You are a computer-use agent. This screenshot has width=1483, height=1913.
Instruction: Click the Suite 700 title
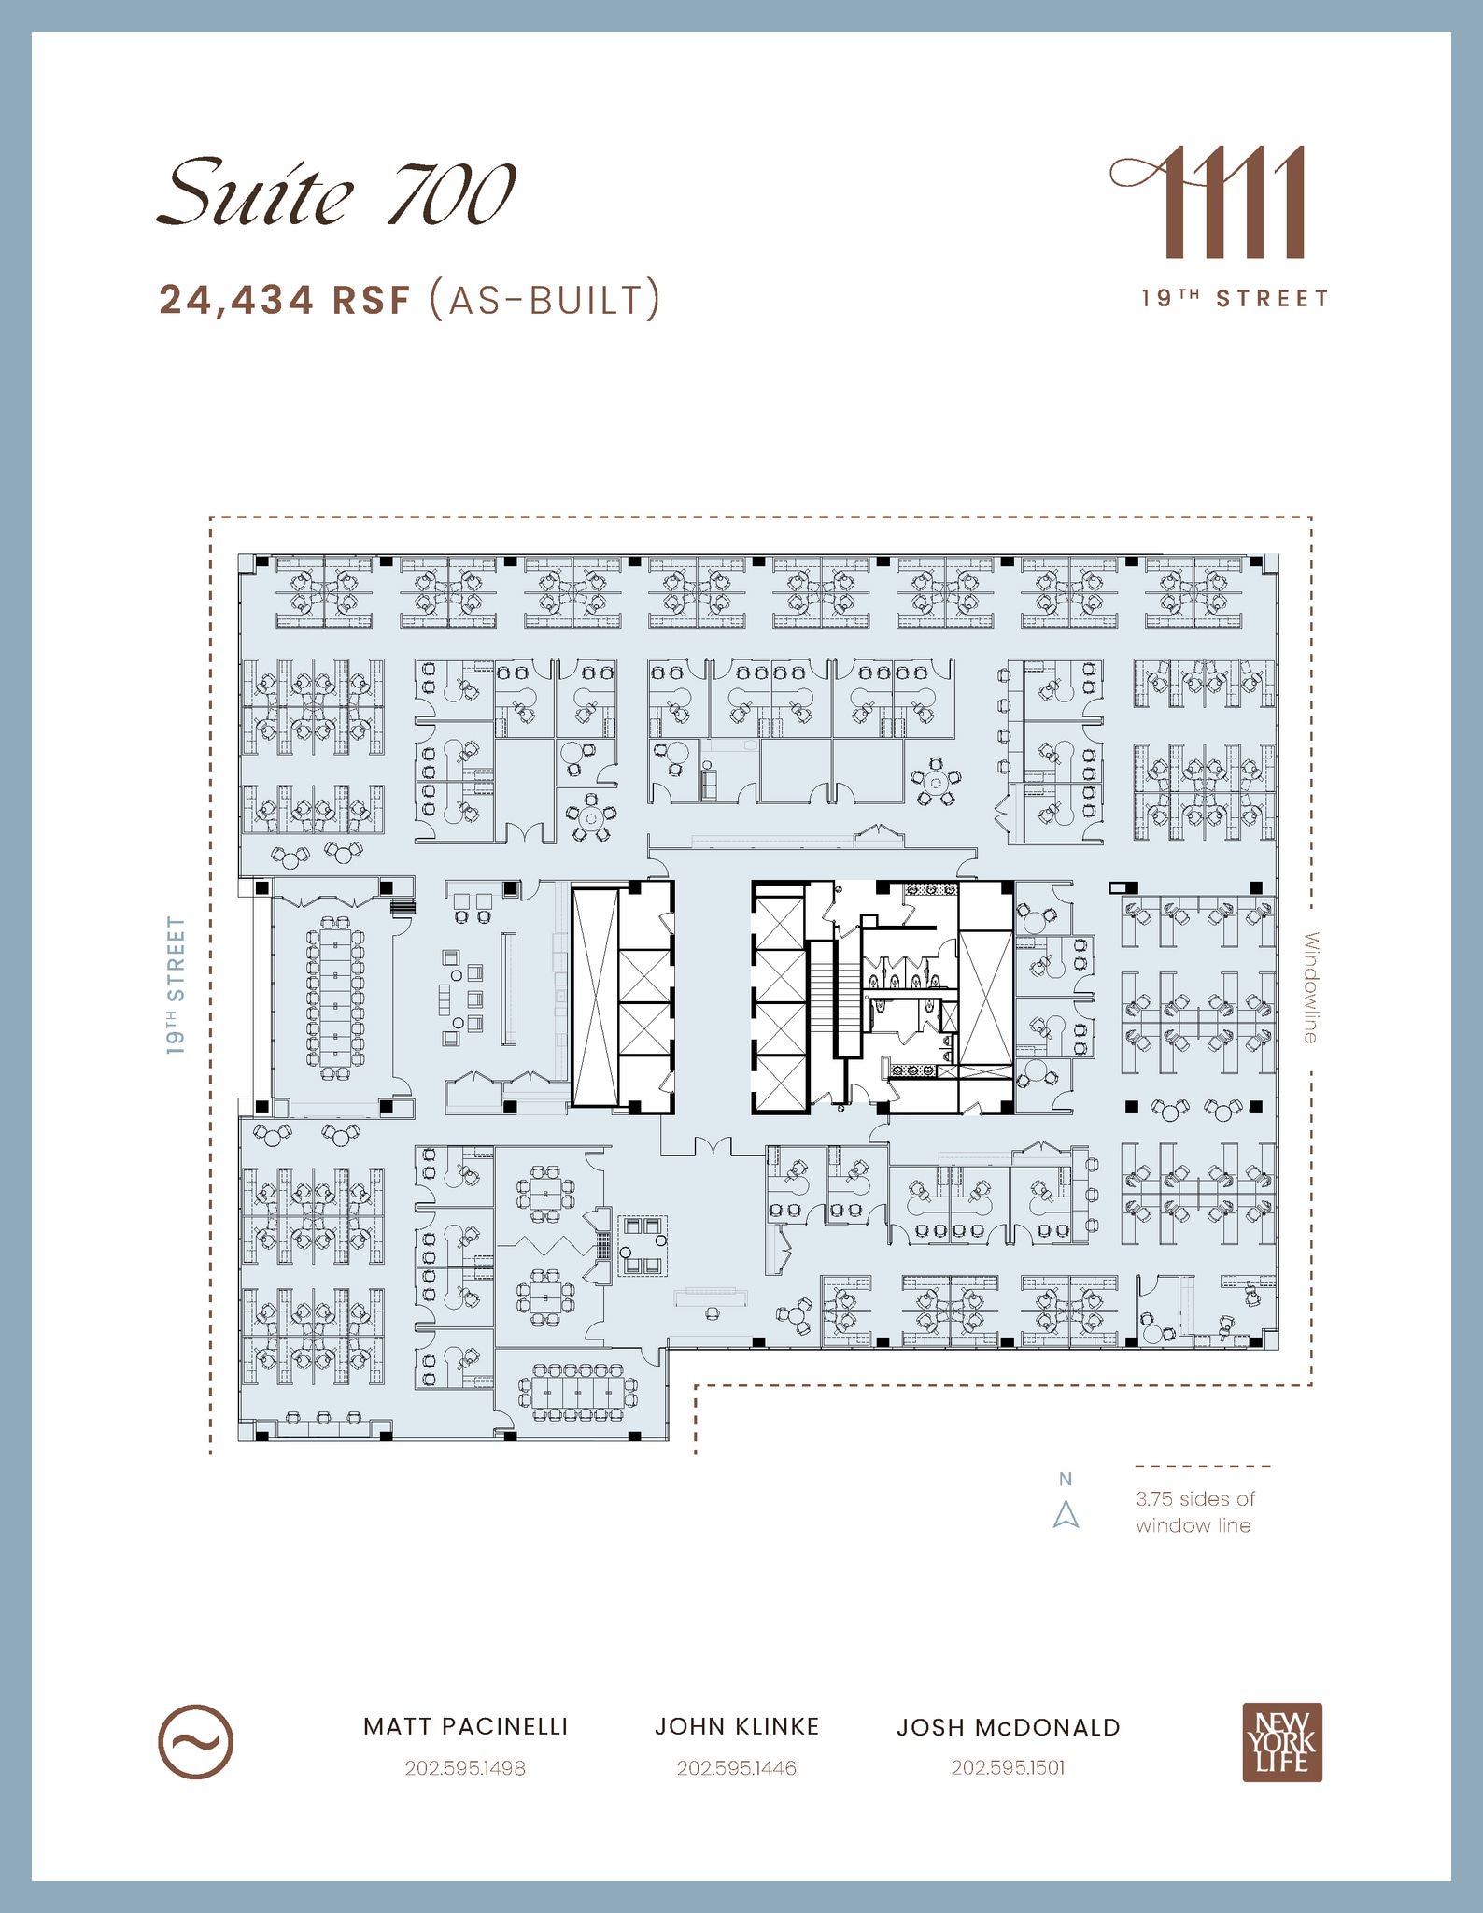(x=336, y=193)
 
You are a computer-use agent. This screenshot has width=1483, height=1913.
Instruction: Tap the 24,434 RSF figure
(x=285, y=301)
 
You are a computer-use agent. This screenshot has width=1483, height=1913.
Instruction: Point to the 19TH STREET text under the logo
(x=1235, y=299)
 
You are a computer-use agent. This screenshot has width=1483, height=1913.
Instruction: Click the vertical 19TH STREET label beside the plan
(x=177, y=985)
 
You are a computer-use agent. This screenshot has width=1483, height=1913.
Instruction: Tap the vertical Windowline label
(x=1310, y=987)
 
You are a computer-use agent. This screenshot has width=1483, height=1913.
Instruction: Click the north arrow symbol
(x=1066, y=1514)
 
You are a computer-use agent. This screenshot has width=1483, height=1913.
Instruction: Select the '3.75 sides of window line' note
(x=1194, y=1511)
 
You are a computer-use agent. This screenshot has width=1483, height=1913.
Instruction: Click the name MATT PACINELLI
(x=465, y=1727)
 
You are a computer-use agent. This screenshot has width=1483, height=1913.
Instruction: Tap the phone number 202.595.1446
(x=736, y=1768)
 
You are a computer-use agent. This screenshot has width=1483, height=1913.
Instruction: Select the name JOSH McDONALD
(x=1008, y=1728)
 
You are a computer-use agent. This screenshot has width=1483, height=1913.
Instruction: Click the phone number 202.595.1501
(x=1008, y=1767)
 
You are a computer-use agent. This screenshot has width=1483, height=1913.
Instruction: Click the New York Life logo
(x=1281, y=1743)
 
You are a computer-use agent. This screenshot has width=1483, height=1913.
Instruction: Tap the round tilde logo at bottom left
(x=195, y=1742)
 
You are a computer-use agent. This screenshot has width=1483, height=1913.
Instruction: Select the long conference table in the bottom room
(x=579, y=1392)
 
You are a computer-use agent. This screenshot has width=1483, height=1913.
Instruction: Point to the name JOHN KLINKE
(x=736, y=1727)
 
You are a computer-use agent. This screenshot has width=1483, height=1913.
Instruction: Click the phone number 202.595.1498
(x=465, y=1768)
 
